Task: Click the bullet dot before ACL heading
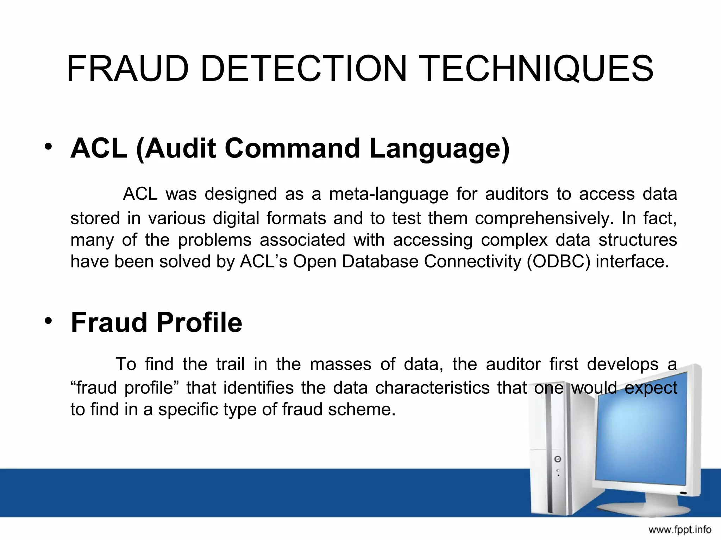[x=48, y=147]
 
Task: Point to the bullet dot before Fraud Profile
[x=48, y=320]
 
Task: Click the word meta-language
[x=389, y=194]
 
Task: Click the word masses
[x=340, y=364]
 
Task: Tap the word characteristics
[x=432, y=388]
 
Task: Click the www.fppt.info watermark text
[x=680, y=529]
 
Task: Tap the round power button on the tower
[x=558, y=459]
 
